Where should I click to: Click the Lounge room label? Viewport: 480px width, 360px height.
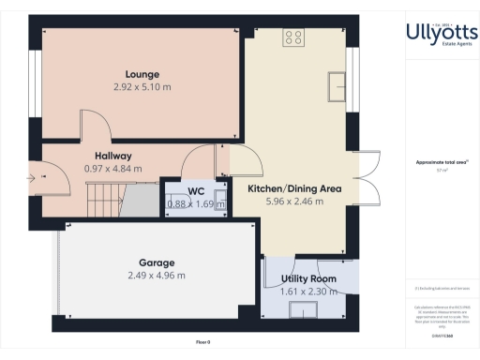tap(142, 74)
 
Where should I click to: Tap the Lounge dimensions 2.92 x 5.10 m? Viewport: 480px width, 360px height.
tap(142, 87)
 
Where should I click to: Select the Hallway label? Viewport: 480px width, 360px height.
tap(112, 156)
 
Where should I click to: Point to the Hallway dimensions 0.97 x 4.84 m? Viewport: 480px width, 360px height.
tap(112, 169)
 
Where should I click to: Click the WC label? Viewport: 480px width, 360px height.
tap(196, 191)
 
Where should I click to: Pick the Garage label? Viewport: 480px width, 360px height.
tap(156, 262)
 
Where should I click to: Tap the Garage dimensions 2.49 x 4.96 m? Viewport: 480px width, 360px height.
tap(156, 276)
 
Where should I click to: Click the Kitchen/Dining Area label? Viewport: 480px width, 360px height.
tap(293, 188)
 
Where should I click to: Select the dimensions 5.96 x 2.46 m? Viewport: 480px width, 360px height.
tap(293, 202)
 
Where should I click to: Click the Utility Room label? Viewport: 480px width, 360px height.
tap(308, 279)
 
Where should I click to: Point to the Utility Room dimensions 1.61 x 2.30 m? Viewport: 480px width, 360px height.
tap(308, 292)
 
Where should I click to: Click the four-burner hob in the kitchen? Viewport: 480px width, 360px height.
tap(293, 38)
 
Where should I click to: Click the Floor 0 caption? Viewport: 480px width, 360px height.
tap(202, 341)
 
